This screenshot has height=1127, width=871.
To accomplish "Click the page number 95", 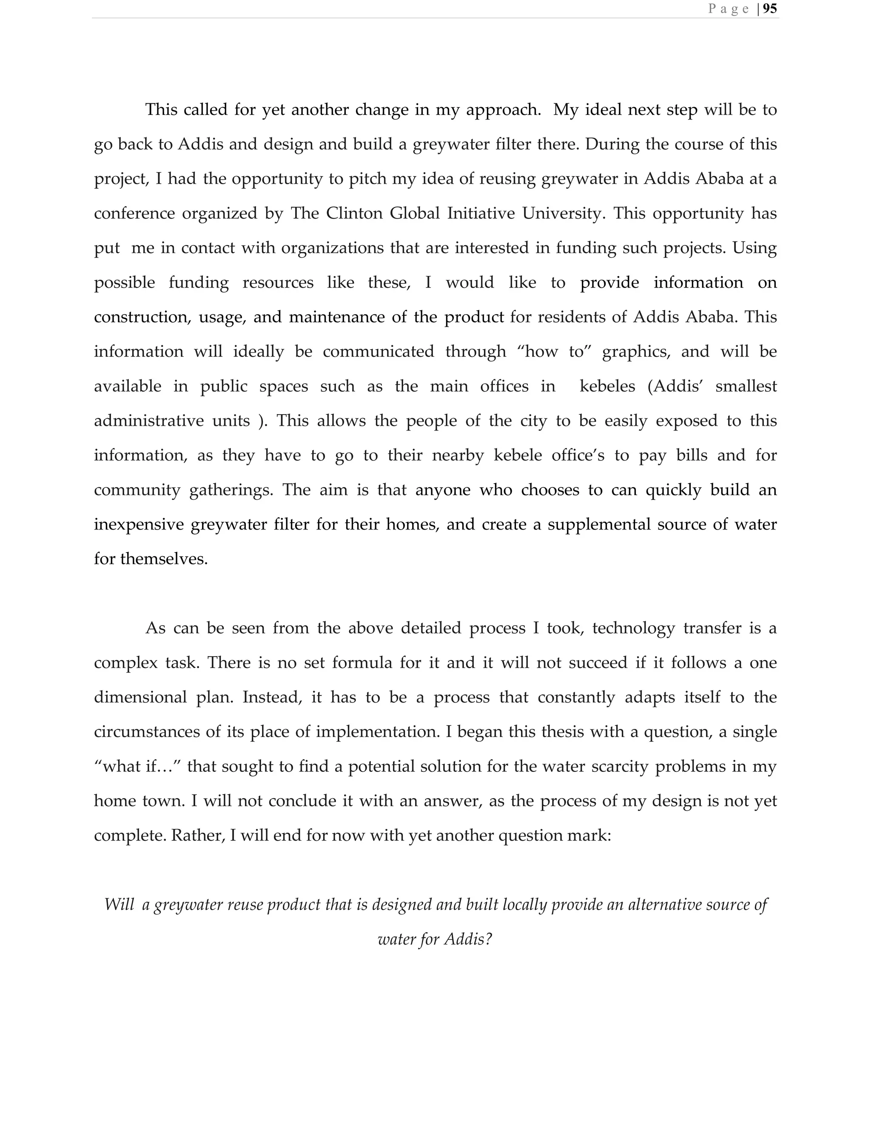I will (769, 9).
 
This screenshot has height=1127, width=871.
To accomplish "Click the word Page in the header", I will (728, 9).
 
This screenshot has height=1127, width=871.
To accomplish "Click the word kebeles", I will (607, 386).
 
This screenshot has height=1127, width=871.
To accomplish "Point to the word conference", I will (134, 213).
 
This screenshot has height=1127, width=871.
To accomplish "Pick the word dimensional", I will (140, 697).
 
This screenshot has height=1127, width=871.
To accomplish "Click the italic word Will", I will (119, 905).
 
